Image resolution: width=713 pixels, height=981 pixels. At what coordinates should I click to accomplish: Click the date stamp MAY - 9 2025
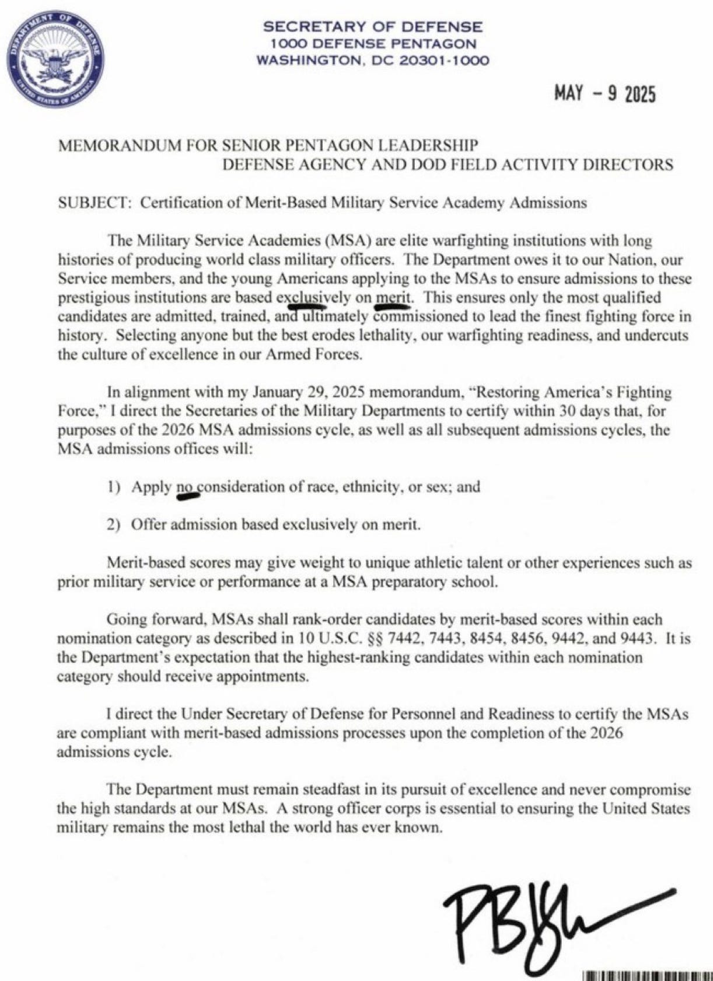[605, 93]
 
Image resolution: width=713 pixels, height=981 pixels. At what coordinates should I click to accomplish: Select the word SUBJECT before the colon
[92, 203]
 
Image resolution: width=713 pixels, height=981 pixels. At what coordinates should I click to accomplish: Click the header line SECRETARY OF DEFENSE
[373, 27]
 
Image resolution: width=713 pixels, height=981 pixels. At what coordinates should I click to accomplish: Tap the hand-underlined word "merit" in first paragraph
[393, 297]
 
